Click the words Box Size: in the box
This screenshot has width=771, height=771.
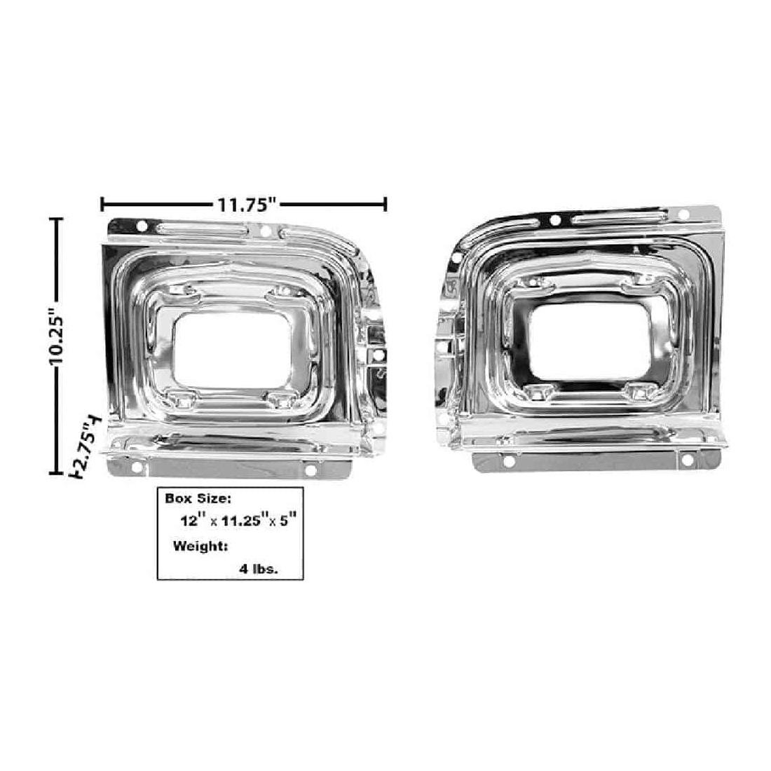click(x=197, y=498)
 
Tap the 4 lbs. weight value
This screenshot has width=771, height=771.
click(x=259, y=569)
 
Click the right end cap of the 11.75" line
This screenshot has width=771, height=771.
click(x=385, y=204)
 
